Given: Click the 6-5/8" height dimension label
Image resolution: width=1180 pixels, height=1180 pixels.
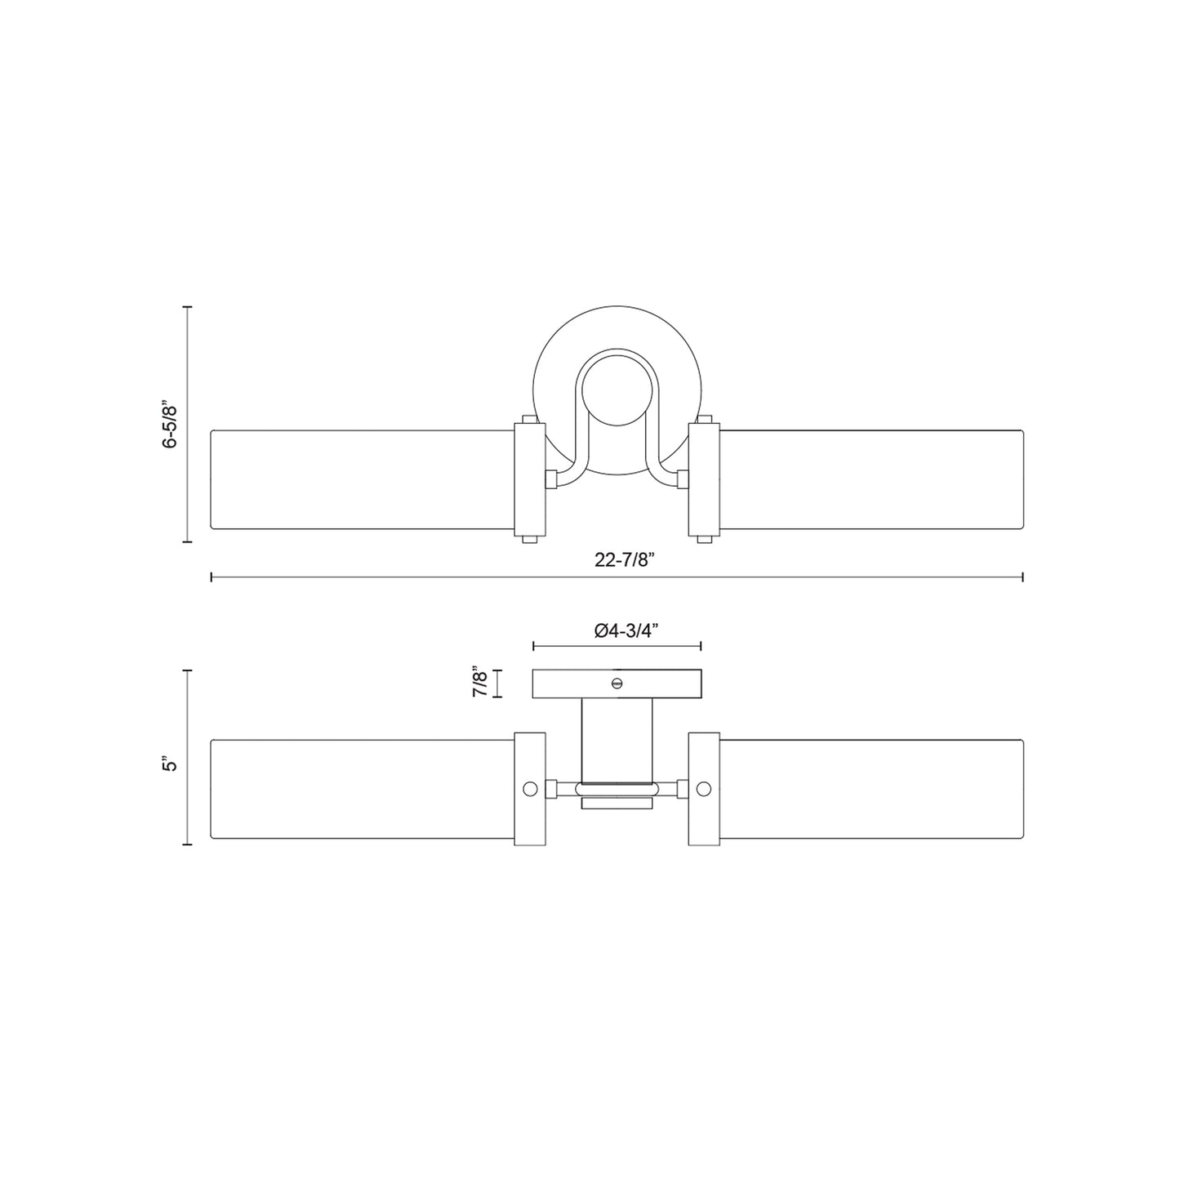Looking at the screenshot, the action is click(170, 425).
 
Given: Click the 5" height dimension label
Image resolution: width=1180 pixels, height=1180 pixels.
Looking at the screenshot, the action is click(170, 765).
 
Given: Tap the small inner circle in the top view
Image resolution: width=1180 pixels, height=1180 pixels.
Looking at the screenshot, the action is click(617, 390).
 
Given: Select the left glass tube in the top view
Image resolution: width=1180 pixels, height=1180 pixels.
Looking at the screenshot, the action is click(362, 479).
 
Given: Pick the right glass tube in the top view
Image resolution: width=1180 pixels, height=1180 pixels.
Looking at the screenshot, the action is click(872, 479).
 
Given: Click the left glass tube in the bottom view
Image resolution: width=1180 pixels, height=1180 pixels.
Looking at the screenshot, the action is click(362, 789).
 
